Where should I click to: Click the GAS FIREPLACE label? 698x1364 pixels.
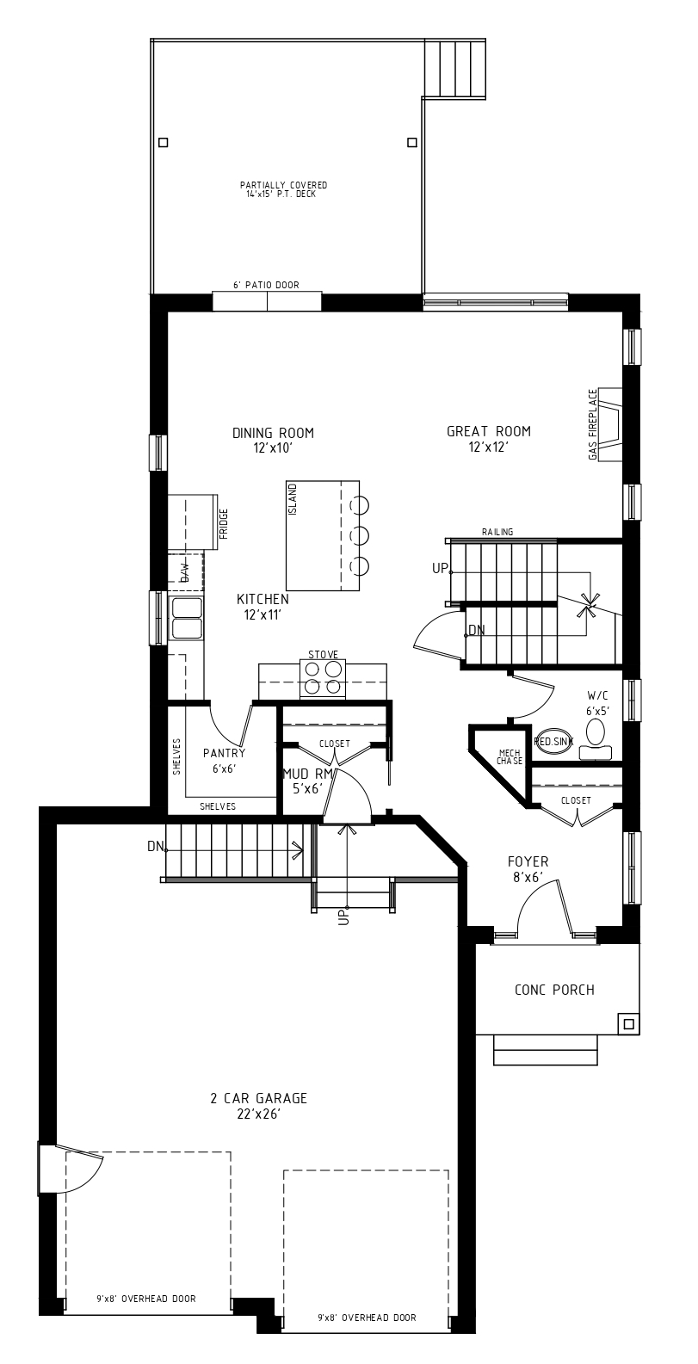[x=593, y=424]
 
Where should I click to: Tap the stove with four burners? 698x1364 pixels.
[x=323, y=678]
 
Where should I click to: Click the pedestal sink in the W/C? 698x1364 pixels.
[x=552, y=742]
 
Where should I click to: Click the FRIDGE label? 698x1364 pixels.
[x=224, y=524]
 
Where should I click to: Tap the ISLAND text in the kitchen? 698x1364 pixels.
[x=293, y=499]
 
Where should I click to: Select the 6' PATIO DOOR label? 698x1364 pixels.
[x=266, y=285]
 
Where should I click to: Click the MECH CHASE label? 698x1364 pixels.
[x=510, y=757]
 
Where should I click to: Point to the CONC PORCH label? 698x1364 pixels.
[x=554, y=990]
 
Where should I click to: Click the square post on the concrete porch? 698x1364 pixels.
[x=628, y=1023]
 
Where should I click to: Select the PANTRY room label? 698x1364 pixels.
[x=224, y=754]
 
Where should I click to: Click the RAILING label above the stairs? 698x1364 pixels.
[x=497, y=532]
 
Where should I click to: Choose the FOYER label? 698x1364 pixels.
[x=528, y=861]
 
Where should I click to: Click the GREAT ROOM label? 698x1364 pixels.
[x=489, y=431]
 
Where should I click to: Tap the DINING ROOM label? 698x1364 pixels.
[x=273, y=433]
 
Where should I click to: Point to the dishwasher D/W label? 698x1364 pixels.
[x=184, y=572]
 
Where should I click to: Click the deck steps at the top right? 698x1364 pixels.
[x=455, y=68]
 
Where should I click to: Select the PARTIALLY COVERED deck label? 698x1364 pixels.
[x=283, y=185]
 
